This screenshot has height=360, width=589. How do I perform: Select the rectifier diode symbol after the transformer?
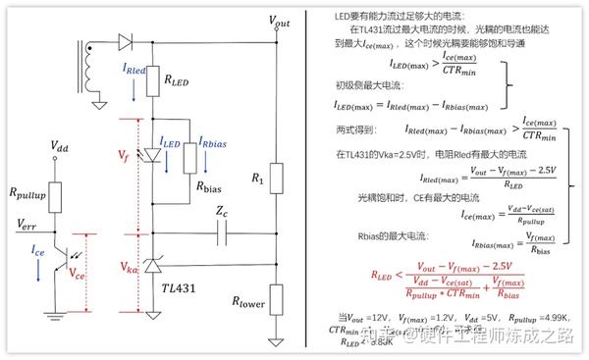click(x=125, y=40)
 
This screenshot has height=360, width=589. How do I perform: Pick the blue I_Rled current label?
click(x=134, y=72)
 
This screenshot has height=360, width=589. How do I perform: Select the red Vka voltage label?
click(x=127, y=265)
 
